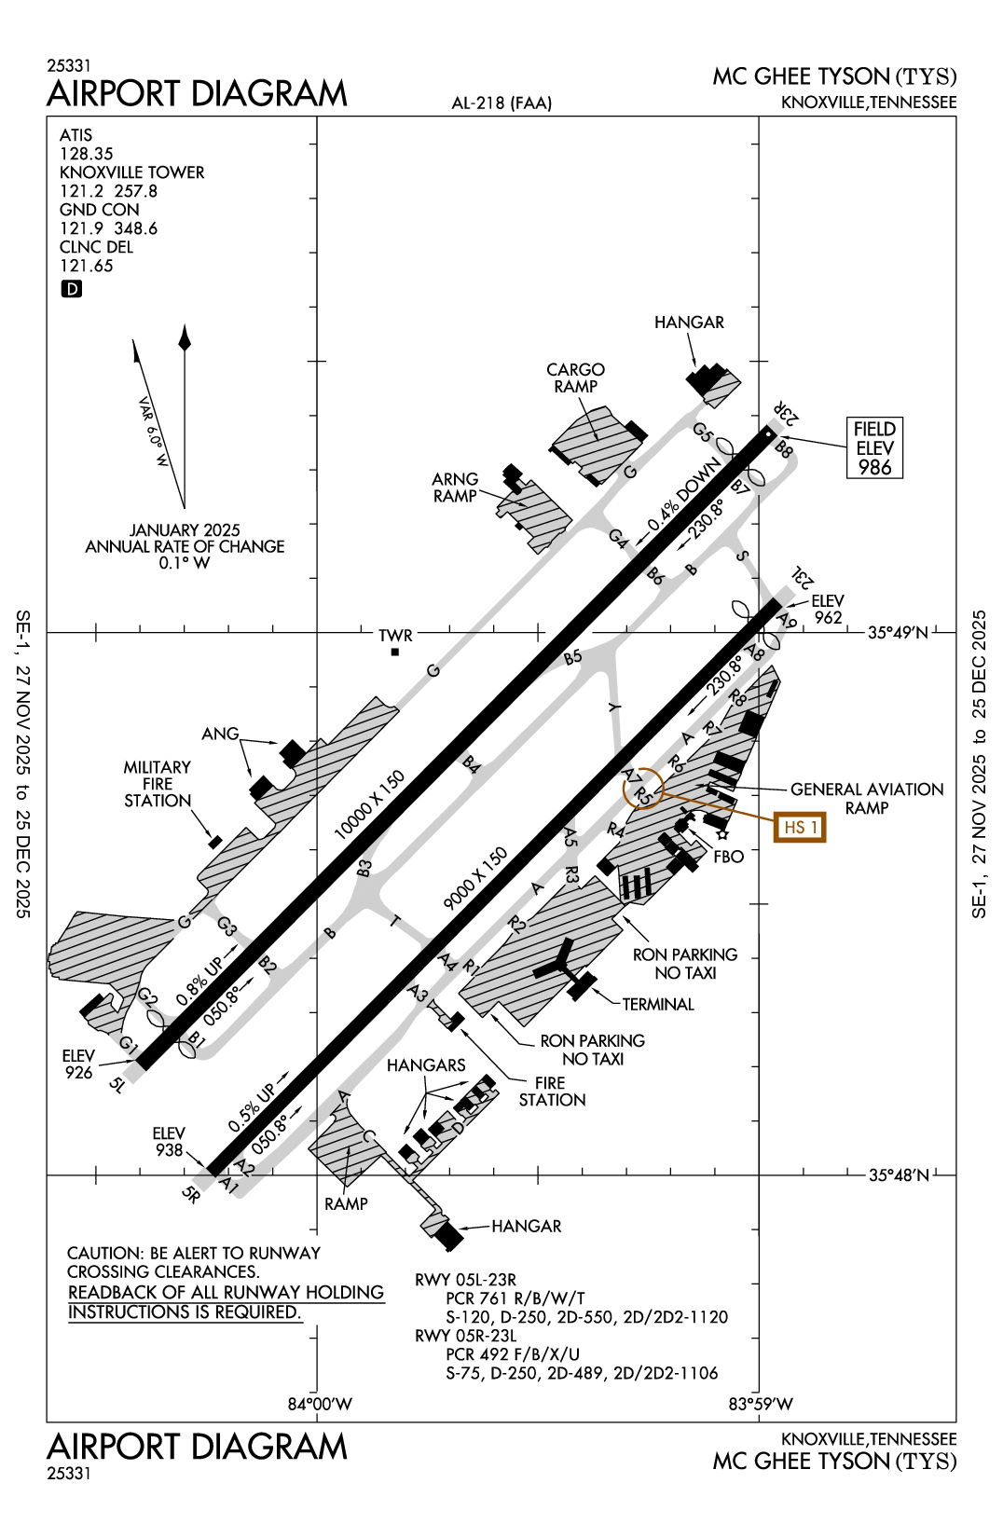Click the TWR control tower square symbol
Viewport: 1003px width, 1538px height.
(x=395, y=652)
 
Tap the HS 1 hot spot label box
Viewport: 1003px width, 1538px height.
(x=800, y=827)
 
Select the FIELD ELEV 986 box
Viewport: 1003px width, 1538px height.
(x=875, y=448)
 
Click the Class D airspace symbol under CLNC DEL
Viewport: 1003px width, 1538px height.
(x=72, y=289)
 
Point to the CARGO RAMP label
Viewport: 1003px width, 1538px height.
(x=575, y=378)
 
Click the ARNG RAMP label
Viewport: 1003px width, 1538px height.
(x=455, y=487)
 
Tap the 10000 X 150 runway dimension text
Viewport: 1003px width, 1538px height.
(x=369, y=804)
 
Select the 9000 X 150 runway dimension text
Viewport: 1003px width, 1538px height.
(x=475, y=878)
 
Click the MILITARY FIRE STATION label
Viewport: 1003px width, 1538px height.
(x=158, y=784)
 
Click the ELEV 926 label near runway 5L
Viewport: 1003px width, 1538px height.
(x=78, y=1064)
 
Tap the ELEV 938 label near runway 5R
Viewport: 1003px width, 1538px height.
(x=169, y=1142)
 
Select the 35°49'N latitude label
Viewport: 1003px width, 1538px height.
(x=898, y=633)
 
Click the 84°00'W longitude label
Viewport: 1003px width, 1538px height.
(x=320, y=1404)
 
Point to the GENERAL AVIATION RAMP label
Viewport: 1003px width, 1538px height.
(x=867, y=798)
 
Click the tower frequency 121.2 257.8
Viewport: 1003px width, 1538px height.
(x=108, y=191)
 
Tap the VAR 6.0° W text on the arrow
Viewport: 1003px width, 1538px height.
(x=153, y=432)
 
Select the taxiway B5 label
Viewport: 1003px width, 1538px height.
(x=572, y=657)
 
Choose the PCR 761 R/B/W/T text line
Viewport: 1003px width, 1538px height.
(x=515, y=1298)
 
